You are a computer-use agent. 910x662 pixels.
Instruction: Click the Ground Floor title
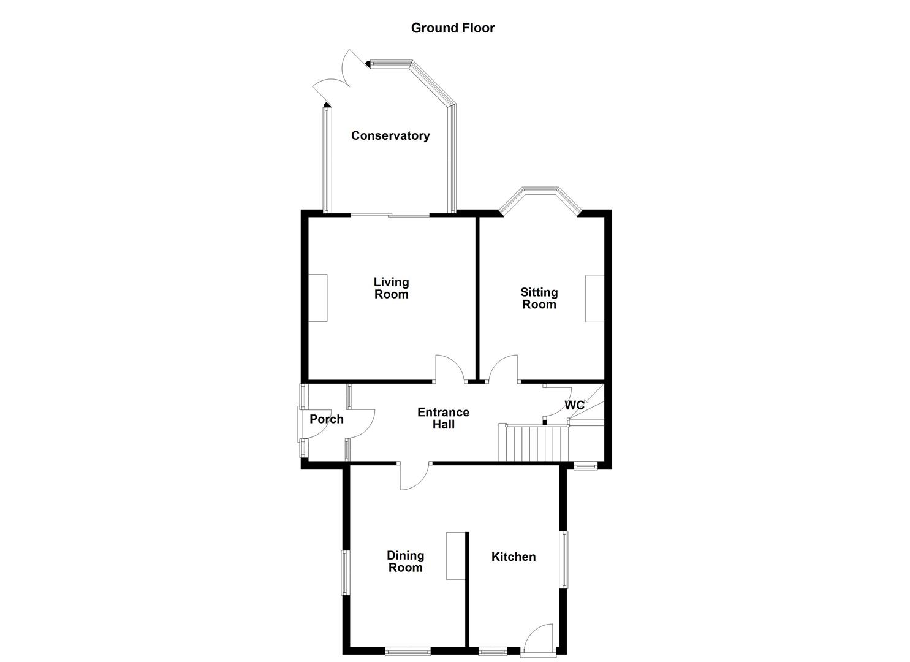point(452,28)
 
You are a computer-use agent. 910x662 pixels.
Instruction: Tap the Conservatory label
point(390,135)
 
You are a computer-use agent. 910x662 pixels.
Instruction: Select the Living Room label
point(391,288)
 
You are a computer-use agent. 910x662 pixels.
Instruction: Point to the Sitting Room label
point(539,299)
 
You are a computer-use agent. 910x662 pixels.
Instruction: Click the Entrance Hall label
point(443,418)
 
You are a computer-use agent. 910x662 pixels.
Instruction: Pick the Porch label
point(326,419)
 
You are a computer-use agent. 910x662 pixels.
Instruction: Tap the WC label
point(574,406)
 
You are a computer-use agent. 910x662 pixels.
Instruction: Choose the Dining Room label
point(405,561)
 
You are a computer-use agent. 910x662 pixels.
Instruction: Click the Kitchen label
point(514,557)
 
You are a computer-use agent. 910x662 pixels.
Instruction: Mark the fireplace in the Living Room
point(317,298)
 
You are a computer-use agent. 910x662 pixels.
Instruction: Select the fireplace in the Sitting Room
point(594,299)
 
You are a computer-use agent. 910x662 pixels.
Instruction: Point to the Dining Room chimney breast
point(455,555)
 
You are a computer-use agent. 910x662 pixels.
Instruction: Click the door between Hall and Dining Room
point(415,476)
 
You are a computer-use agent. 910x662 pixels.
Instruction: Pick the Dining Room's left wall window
point(345,573)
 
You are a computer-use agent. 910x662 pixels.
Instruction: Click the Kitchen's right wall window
point(563,559)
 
